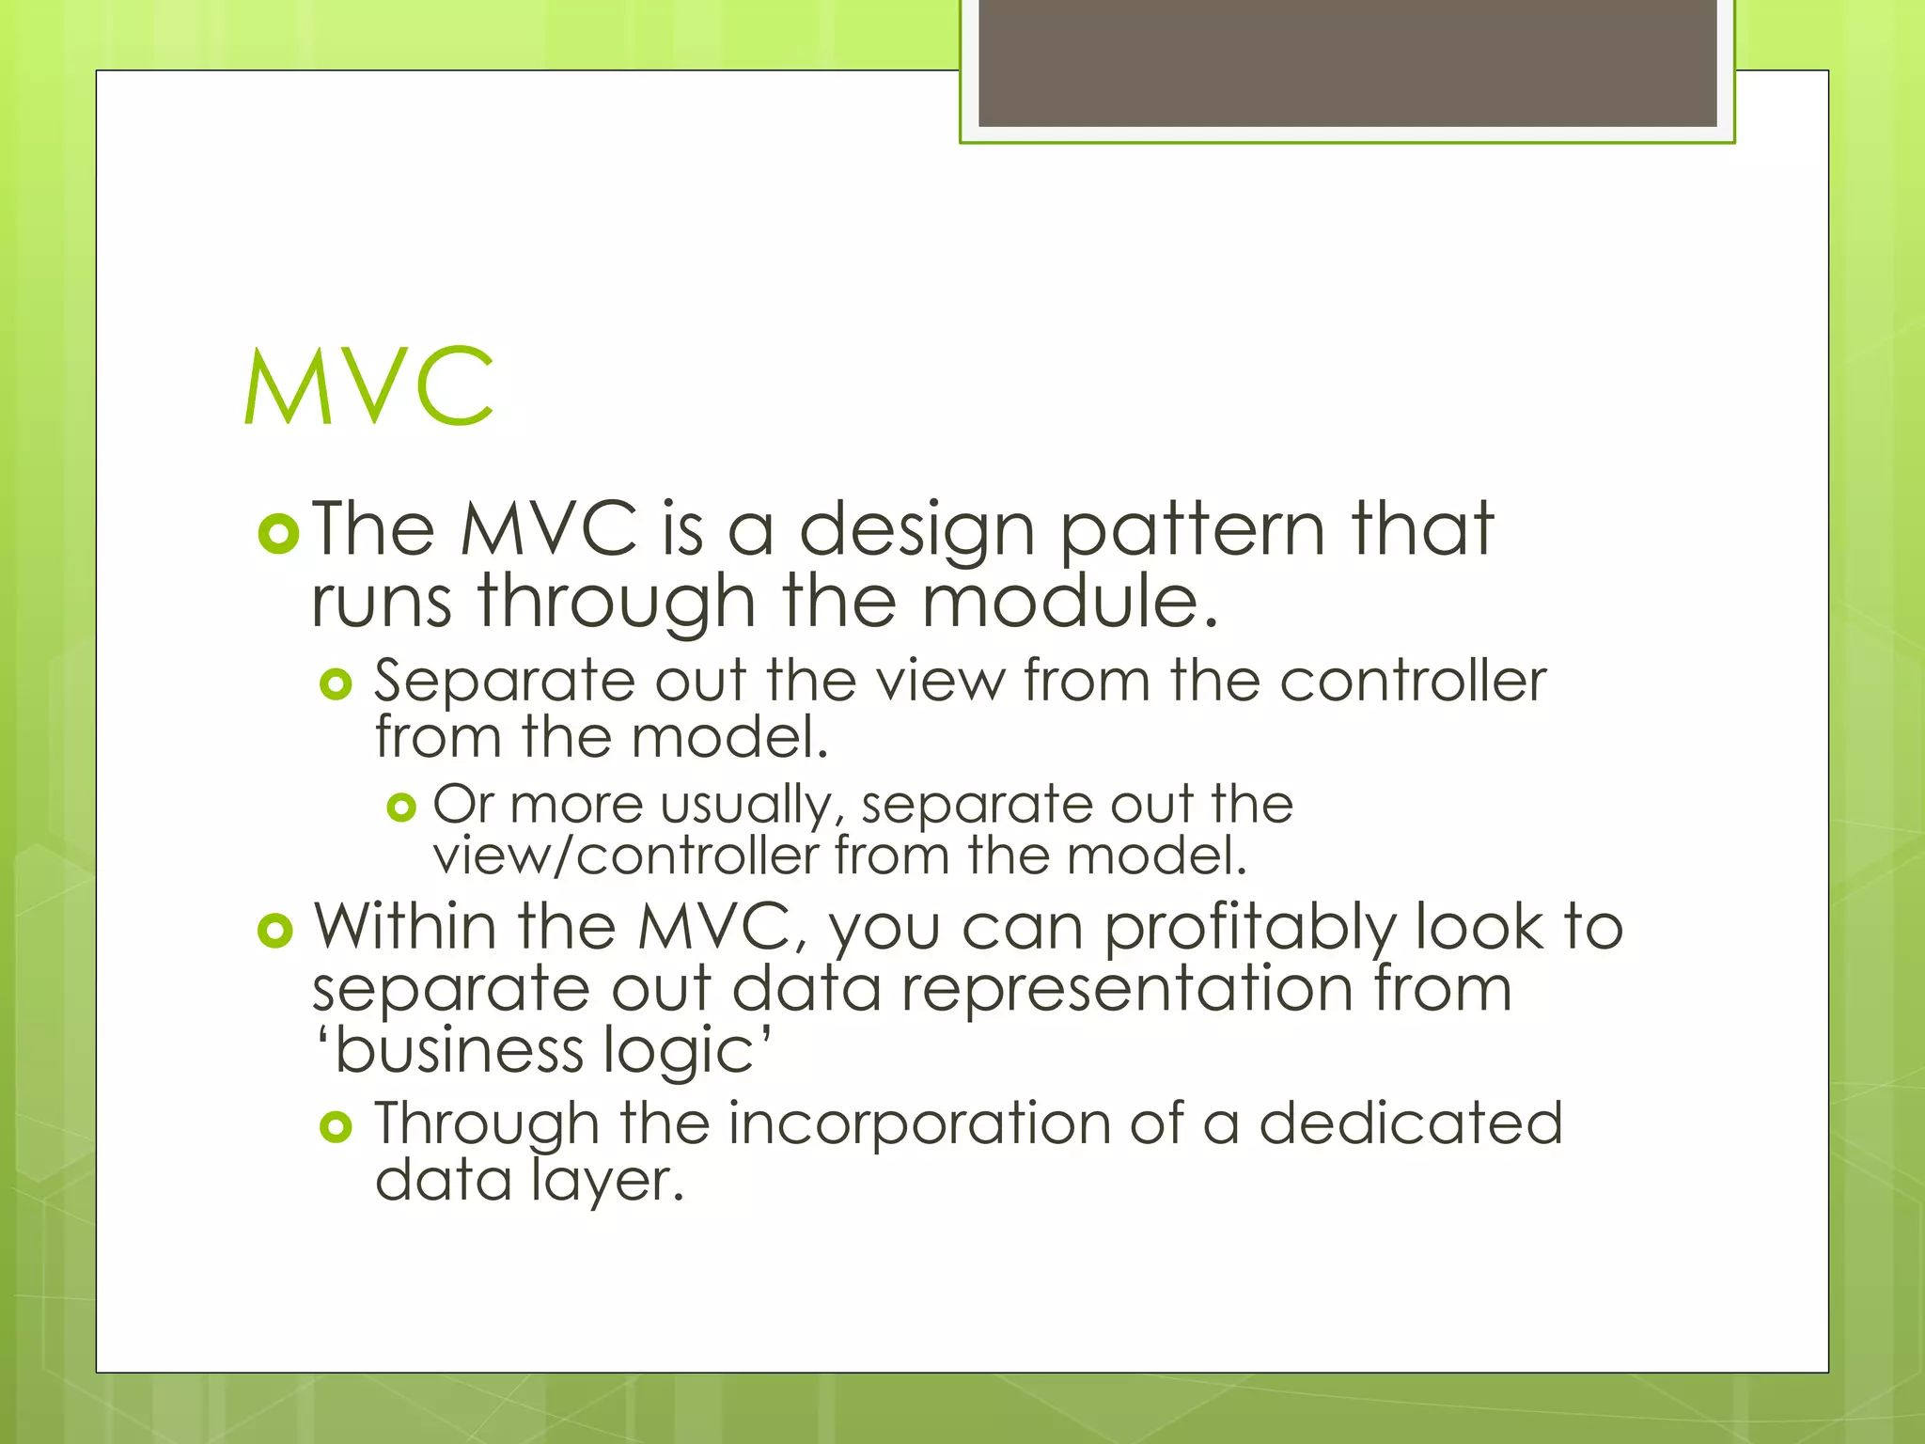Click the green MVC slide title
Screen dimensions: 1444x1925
pyautogui.click(x=368, y=386)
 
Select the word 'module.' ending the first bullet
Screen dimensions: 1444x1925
pyautogui.click(x=1070, y=602)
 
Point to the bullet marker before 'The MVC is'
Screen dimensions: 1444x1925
pyautogui.click(x=278, y=534)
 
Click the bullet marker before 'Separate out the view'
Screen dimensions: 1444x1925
pyautogui.click(x=336, y=683)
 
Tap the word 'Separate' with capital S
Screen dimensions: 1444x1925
pyautogui.click(x=505, y=682)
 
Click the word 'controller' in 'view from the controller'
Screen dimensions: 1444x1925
pyautogui.click(x=1412, y=680)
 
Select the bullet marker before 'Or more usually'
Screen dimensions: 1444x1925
pyautogui.click(x=401, y=807)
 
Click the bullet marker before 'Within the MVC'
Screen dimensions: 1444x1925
pyautogui.click(x=275, y=931)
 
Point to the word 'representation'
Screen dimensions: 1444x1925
pyautogui.click(x=1126, y=990)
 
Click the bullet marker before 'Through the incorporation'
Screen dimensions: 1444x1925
pyautogui.click(x=336, y=1126)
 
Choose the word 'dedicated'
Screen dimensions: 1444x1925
pyautogui.click(x=1410, y=1122)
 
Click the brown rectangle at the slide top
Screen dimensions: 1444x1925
pyautogui.click(x=1347, y=62)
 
